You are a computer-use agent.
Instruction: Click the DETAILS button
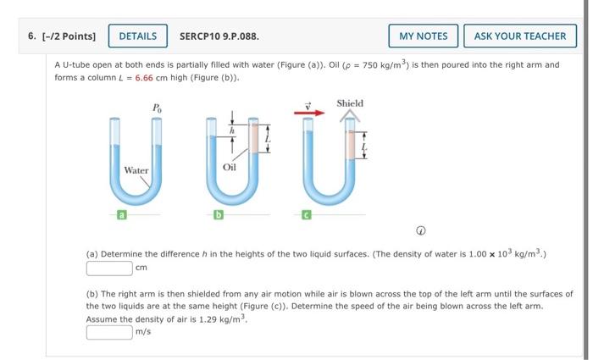[137, 36]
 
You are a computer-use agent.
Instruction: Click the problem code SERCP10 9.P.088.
[219, 36]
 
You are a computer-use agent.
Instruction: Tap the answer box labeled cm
[109, 269]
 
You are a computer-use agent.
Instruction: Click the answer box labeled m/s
[109, 332]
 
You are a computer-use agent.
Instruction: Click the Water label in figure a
[136, 170]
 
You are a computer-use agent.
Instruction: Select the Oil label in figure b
[230, 168]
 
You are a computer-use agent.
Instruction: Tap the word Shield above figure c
[350, 103]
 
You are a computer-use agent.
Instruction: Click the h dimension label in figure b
[230, 131]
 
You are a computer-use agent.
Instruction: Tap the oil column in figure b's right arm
[252, 139]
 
